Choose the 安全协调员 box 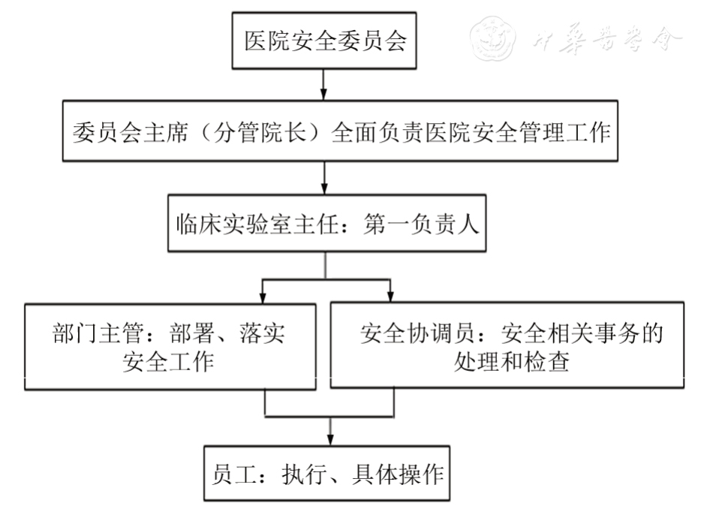(x=507, y=347)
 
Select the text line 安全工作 (x=169, y=363)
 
